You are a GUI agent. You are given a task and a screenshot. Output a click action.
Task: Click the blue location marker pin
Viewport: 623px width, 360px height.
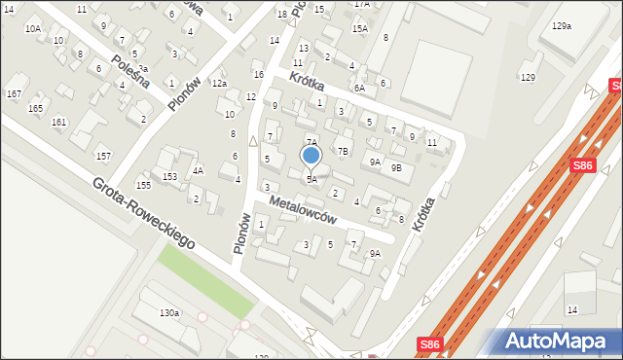(311, 157)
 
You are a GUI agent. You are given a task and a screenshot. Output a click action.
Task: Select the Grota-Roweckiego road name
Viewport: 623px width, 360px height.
(144, 211)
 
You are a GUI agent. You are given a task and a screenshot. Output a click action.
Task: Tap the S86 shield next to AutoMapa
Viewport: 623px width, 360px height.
(429, 344)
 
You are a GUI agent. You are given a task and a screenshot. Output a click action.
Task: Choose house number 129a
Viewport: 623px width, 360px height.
(561, 26)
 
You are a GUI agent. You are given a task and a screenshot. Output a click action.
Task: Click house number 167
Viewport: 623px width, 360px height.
(14, 93)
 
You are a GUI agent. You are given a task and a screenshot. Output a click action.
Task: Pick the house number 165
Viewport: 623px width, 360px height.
(36, 108)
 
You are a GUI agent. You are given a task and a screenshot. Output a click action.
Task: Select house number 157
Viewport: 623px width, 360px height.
(103, 156)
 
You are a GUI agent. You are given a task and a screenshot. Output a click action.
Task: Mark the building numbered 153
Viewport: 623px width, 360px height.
(169, 176)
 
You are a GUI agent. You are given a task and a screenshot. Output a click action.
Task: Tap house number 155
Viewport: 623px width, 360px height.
(143, 185)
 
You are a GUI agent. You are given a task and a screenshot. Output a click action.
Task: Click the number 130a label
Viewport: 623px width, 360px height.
(169, 312)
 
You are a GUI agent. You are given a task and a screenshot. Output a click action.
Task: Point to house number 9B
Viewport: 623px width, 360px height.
(396, 167)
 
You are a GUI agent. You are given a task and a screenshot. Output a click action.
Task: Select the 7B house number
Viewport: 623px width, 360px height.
(342, 151)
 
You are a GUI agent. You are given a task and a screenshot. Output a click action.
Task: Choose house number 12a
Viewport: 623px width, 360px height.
(219, 84)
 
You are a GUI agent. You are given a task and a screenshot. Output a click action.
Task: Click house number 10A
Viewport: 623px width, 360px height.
(33, 29)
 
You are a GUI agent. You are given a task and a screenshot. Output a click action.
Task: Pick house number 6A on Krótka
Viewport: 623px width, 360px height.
(359, 88)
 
